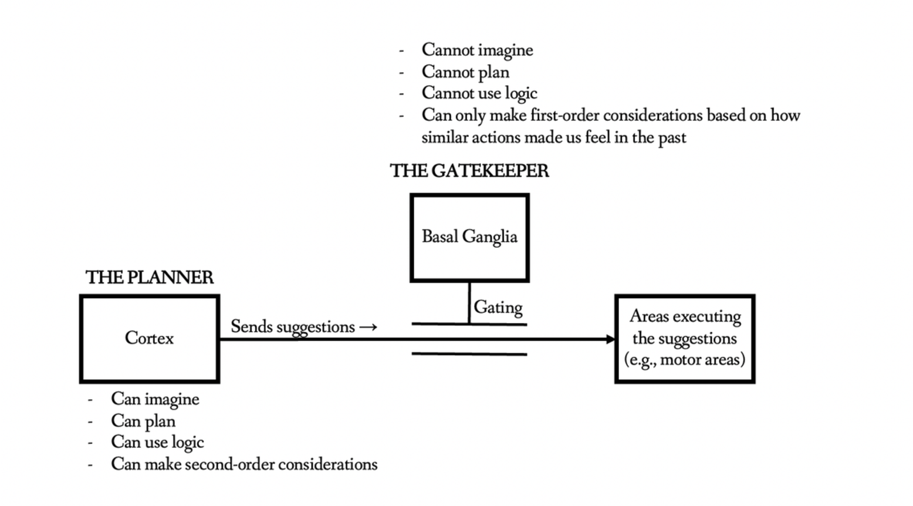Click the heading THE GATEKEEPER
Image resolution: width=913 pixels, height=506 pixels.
469,171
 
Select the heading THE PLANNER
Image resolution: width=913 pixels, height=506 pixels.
149,277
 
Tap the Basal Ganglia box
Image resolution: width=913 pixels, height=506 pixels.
469,237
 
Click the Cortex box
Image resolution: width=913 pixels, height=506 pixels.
150,339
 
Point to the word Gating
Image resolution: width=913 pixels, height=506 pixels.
498,307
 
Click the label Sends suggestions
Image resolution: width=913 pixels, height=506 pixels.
293,326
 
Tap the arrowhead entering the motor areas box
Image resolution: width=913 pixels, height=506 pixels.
610,339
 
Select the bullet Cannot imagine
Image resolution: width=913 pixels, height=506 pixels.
476,50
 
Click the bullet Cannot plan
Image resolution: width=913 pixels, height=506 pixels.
465,72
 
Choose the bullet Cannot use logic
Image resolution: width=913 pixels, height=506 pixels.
479,93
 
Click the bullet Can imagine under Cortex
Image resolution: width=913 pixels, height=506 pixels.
155,399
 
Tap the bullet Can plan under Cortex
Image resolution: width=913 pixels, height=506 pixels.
143,421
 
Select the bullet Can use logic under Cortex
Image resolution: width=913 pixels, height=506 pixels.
157,442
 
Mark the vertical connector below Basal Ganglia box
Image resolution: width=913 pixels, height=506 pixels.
469,302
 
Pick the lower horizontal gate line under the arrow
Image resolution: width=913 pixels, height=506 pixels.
469,354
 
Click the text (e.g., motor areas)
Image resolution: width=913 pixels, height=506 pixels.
684,359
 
